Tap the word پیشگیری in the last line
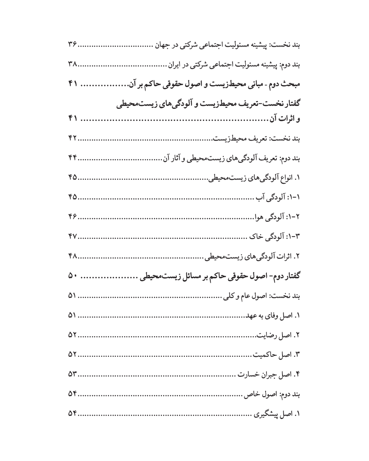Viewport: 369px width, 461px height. point(262,415)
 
